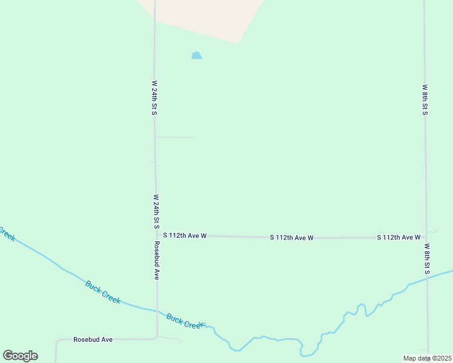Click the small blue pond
click(x=196, y=56)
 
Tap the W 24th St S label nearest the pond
click(x=155, y=98)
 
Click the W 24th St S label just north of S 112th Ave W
click(x=156, y=211)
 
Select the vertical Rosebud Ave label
click(x=156, y=260)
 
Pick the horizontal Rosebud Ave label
click(x=93, y=340)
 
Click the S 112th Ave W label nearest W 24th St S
click(x=185, y=235)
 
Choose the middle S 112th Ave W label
click(x=291, y=238)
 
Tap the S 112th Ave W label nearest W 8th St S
click(x=398, y=237)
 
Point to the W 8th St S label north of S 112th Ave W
click(x=425, y=99)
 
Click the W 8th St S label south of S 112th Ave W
click(x=427, y=259)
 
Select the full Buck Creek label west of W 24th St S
click(x=102, y=292)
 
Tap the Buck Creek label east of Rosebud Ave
click(x=184, y=321)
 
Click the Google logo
click(x=20, y=356)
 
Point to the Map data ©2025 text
click(x=428, y=358)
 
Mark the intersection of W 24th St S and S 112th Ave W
click(x=156, y=235)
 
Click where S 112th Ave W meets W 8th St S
click(x=426, y=237)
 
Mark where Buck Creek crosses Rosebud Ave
click(x=157, y=312)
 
